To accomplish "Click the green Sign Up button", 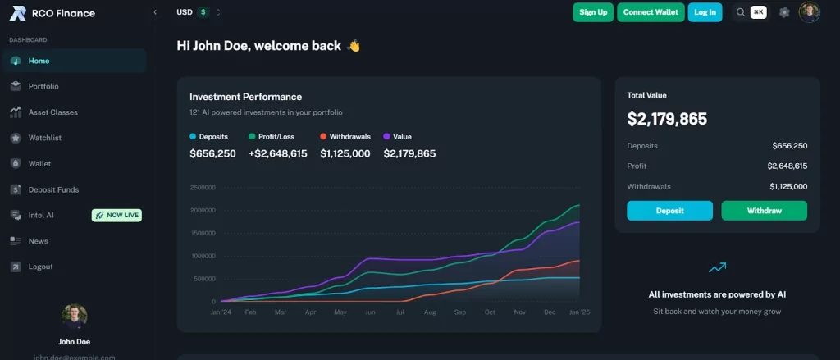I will [x=593, y=12].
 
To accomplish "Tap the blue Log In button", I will [x=705, y=12].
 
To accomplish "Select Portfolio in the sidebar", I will [x=43, y=86].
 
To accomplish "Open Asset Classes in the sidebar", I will [x=52, y=112].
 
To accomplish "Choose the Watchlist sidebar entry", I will [x=45, y=138].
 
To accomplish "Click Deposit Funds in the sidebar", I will [x=53, y=189].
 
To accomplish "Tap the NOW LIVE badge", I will [x=117, y=215].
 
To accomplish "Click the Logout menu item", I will [x=40, y=267].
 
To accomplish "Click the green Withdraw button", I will [x=764, y=211].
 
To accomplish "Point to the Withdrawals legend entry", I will [x=345, y=136].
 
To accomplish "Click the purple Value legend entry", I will [x=398, y=136].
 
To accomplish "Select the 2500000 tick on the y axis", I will [x=202, y=187].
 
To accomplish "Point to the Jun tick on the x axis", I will [x=370, y=312].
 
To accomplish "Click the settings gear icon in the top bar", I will [x=784, y=12].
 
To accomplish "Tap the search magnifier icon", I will [x=741, y=12].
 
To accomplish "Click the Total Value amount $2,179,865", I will [x=667, y=119].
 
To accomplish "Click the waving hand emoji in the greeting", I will [x=354, y=46].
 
